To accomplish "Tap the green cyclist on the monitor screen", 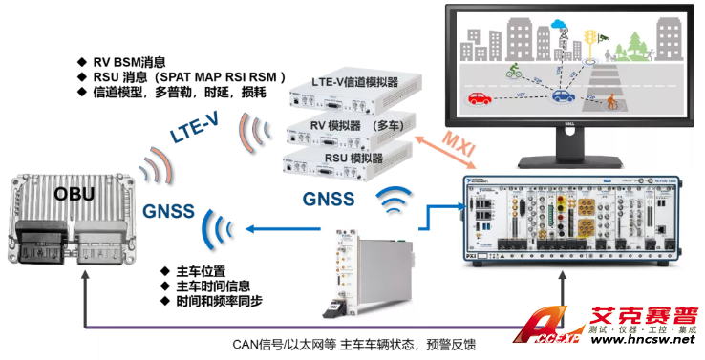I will click(x=512, y=70).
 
